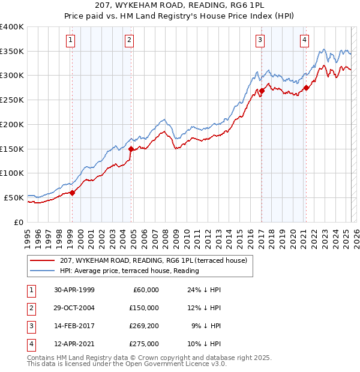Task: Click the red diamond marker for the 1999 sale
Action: click(x=72, y=193)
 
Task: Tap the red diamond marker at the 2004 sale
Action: click(x=131, y=149)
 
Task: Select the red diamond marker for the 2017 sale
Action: click(x=262, y=91)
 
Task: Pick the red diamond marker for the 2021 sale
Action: click(x=306, y=88)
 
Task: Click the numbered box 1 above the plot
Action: click(x=71, y=40)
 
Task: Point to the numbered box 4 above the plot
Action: click(x=305, y=40)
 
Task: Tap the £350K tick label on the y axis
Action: click(x=12, y=51)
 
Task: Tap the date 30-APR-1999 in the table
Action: click(x=74, y=289)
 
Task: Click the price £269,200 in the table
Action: click(x=144, y=326)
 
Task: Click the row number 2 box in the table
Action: click(x=30, y=308)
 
